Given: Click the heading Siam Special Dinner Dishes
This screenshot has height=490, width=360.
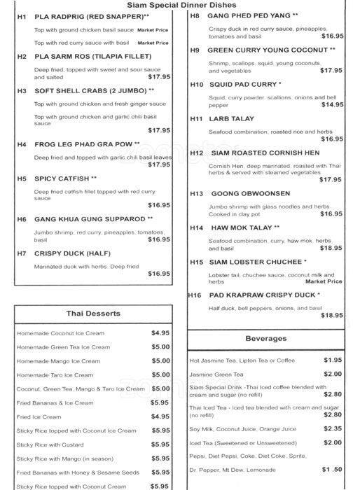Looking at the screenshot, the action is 179,4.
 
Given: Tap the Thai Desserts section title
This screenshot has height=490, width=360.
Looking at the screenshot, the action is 95,313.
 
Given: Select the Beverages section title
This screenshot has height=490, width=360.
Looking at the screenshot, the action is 265,339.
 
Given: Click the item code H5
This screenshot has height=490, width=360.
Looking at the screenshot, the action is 22,178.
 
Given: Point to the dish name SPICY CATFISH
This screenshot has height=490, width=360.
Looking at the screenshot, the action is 65,178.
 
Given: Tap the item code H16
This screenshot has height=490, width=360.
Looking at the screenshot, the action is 195,295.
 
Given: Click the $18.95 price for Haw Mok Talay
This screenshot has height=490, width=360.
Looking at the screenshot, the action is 331,248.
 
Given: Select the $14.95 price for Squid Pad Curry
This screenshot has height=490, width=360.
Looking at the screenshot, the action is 331,104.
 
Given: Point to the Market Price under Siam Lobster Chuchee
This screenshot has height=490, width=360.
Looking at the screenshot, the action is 324,281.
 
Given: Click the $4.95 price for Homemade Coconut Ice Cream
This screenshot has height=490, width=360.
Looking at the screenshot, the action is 160,333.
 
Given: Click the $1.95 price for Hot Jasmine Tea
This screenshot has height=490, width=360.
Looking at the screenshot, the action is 332,360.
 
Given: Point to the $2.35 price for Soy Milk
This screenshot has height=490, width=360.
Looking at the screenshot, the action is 332,428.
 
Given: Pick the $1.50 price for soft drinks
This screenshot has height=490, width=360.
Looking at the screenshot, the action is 332,469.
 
